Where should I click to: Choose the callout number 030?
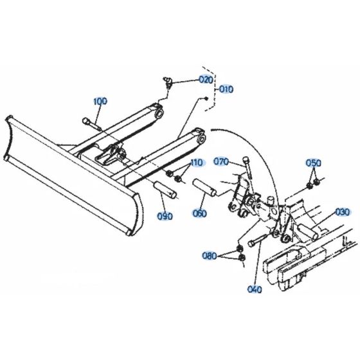[x=341, y=212]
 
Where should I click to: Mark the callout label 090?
[x=165, y=217]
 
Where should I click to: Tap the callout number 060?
[x=200, y=213]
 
